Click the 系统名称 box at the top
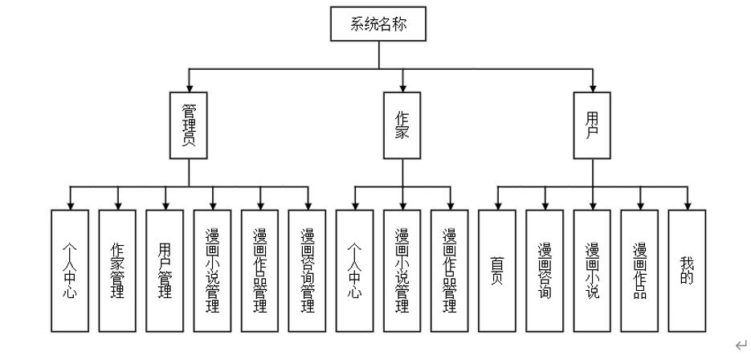pos(378,24)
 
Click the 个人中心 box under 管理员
pos(70,271)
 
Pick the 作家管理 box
pos(117,271)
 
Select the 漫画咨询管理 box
pos(308,271)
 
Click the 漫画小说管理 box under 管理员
pos(213,271)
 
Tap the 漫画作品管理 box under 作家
pos(450,271)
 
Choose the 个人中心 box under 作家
pos(354,271)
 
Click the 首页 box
pos(497,271)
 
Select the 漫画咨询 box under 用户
pos(545,271)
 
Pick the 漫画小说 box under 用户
pos(593,271)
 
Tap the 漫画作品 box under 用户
pos(640,271)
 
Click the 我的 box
pos(688,271)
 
